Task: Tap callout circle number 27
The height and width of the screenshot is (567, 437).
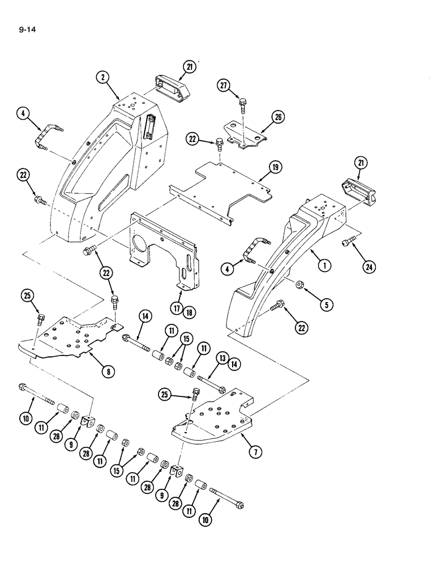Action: (x=224, y=86)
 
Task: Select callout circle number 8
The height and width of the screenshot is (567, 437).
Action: (x=106, y=373)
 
